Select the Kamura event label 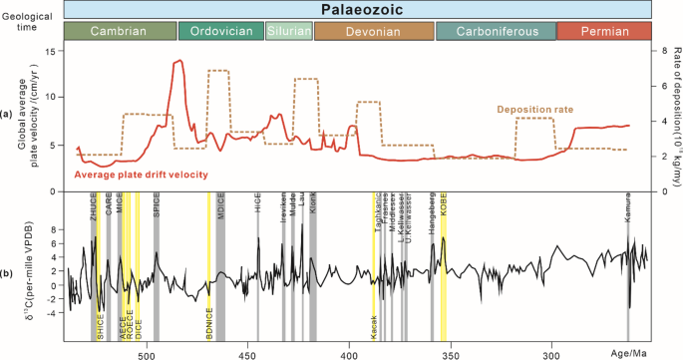click(x=628, y=221)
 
